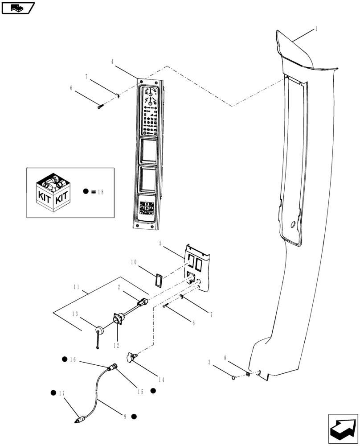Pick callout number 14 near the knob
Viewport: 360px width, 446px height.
(x=161, y=380)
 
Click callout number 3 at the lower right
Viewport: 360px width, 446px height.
(x=209, y=362)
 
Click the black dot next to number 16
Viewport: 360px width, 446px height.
(x=65, y=359)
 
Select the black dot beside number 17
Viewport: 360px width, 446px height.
(x=54, y=393)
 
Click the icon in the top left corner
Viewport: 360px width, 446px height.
(x=18, y=8)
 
